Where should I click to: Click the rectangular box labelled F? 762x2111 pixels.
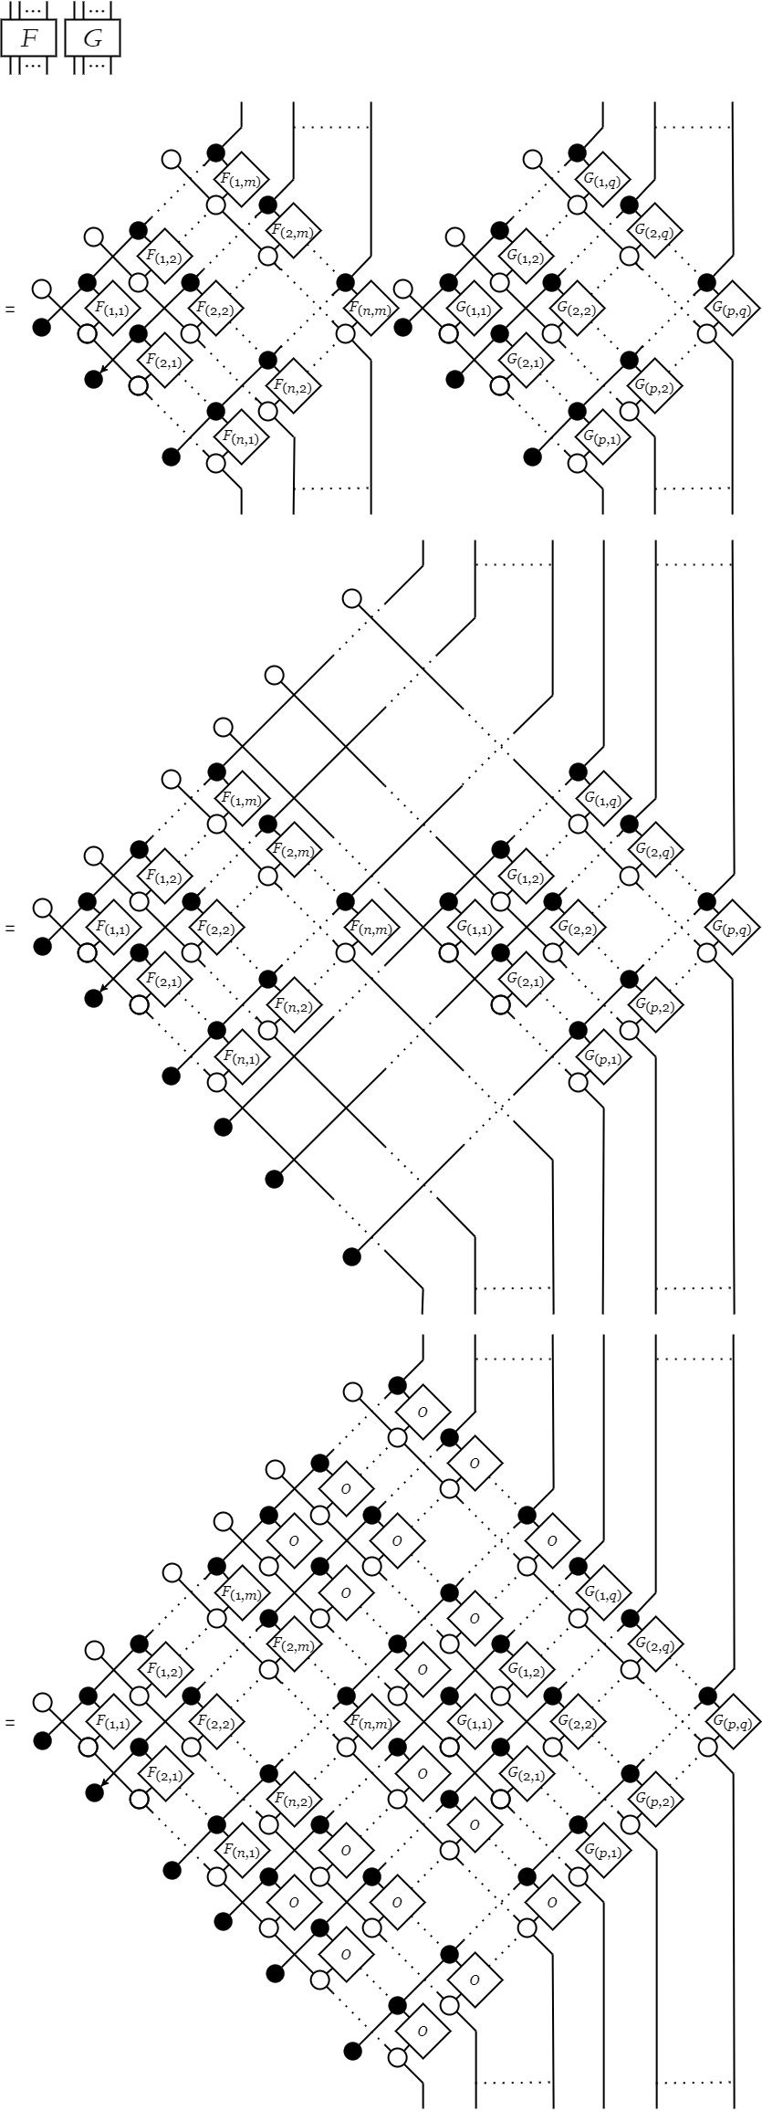pos(28,39)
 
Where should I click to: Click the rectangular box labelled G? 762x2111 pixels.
pos(93,39)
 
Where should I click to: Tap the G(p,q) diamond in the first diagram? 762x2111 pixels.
pos(733,310)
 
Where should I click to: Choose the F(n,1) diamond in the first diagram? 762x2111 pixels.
pos(242,437)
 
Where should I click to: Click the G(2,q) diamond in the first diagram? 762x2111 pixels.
pos(654,231)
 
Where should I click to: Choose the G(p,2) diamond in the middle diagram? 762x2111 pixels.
pos(654,1006)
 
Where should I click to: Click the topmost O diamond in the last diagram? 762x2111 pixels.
pos(423,1412)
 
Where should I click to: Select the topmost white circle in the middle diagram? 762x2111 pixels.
pos(352,599)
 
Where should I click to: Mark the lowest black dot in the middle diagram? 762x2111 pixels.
pos(352,1257)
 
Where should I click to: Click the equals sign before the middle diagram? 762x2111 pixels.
pos(10,929)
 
